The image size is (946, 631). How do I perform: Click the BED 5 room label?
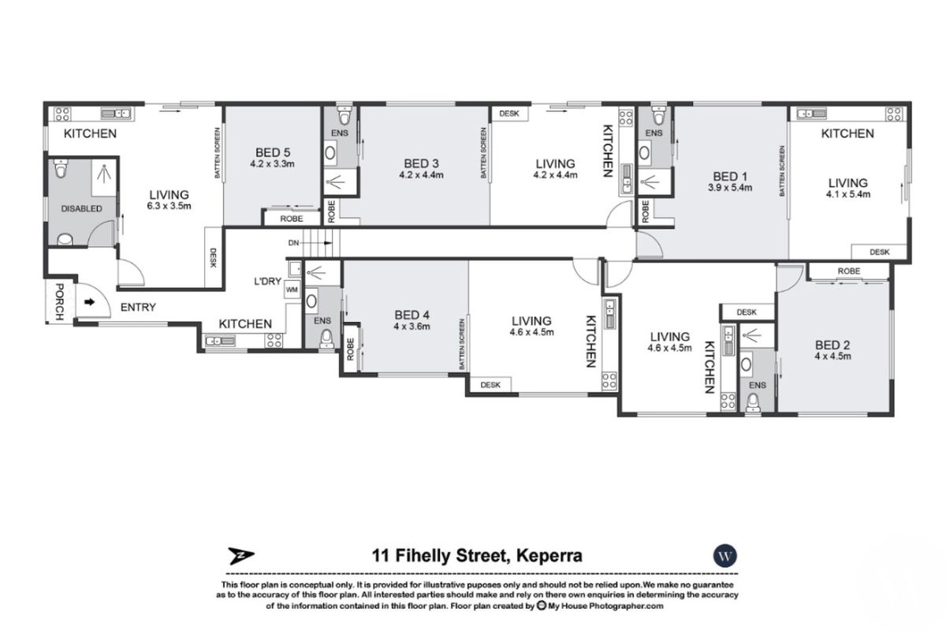tap(274, 152)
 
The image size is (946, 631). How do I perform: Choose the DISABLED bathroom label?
tap(82, 209)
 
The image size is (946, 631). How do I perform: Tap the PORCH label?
tap(58, 302)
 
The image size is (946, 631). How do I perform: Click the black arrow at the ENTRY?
tap(89, 301)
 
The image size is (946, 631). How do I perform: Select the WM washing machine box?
tap(292, 290)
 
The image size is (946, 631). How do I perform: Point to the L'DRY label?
tap(268, 282)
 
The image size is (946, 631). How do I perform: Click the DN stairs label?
tap(293, 243)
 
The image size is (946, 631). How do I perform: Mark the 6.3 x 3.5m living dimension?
tap(169, 206)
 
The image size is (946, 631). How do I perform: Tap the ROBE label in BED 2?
tap(848, 271)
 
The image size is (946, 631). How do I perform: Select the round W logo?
tap(723, 555)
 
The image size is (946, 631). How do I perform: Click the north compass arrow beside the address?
tap(237, 555)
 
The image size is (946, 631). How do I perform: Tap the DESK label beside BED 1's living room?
tap(879, 252)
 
